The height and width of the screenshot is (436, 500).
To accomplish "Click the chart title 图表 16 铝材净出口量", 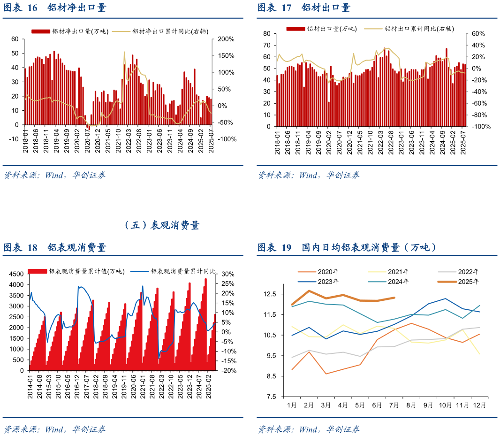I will pyautogui.click(x=55, y=8).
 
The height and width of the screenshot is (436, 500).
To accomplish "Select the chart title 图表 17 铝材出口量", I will pyautogui.click(x=304, y=8).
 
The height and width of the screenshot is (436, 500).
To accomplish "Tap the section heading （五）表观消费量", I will pyautogui.click(x=162, y=226).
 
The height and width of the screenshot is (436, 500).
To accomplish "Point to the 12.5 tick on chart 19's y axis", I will pyautogui.click(x=270, y=294).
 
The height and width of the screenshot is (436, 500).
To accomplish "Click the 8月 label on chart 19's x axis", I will pyautogui.click(x=411, y=405).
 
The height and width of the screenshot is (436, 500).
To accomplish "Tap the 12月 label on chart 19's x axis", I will pyautogui.click(x=479, y=405).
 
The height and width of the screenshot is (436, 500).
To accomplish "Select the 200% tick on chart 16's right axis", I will pyautogui.click(x=225, y=39).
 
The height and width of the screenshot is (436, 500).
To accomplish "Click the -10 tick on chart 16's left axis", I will pyautogui.click(x=14, y=139).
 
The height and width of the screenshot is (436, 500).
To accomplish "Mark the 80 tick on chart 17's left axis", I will pyautogui.click(x=267, y=34).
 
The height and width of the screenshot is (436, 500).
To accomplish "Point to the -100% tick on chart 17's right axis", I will pyautogui.click(x=480, y=127).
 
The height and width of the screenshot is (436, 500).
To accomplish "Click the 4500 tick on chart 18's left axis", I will pyautogui.click(x=16, y=274).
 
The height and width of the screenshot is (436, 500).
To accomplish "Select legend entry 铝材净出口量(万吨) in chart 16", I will pyautogui.click(x=70, y=31).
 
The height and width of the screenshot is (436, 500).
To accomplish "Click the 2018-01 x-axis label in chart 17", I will pyautogui.click(x=277, y=140).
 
